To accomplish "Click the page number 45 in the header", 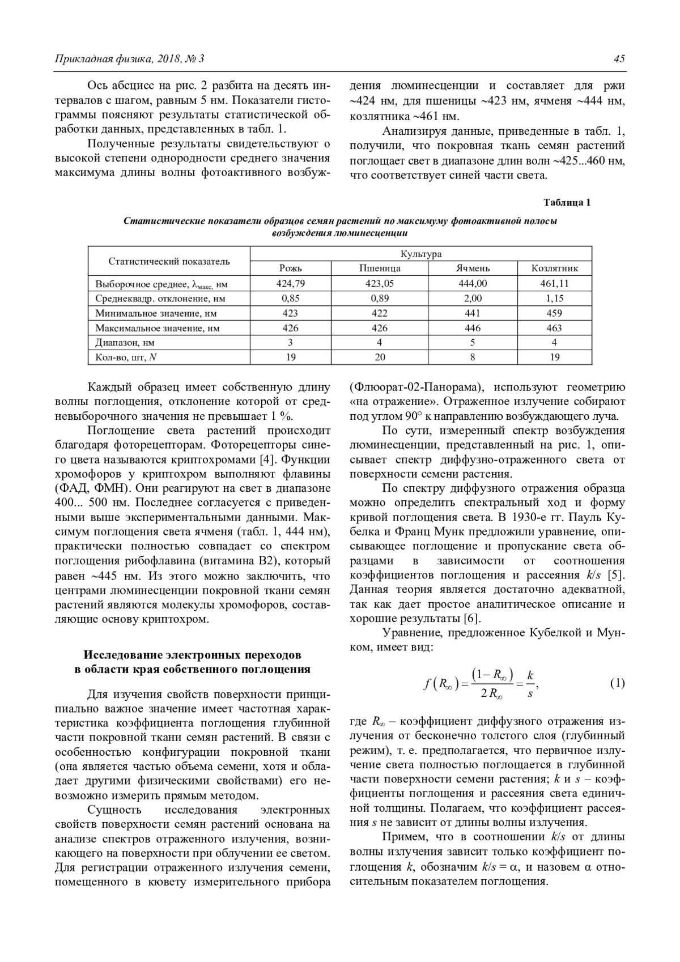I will [619, 59].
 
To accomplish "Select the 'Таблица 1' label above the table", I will [567, 202].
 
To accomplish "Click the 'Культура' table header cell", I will [420, 254].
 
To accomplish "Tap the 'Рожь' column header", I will [291, 269].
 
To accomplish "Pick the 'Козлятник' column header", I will [554, 269].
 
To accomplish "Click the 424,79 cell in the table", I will [291, 283].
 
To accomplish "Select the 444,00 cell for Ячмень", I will [473, 283].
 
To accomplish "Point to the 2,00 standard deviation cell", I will [473, 298].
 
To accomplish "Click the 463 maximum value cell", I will [554, 327].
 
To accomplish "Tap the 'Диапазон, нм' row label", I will [125, 342].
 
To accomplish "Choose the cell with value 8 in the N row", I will [473, 357].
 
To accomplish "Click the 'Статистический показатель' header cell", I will [169, 261].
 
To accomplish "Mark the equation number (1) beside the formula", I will [617, 683].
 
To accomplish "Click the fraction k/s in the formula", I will [530, 684].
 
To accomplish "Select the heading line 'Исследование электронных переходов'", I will [193, 655].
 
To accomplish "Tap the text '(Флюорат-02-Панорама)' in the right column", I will [417, 388].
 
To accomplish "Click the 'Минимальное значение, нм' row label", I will [156, 313].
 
